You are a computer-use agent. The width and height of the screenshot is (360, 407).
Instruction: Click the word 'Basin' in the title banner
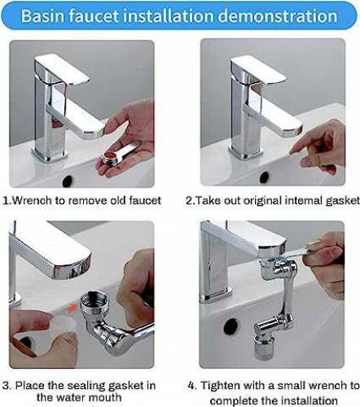42,16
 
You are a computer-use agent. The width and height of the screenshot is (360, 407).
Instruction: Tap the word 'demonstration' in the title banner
278,16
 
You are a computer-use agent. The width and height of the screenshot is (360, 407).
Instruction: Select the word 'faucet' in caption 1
145,201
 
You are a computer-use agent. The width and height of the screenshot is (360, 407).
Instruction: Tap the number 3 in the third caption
6,386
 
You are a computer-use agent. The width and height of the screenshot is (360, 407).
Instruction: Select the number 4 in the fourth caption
191,386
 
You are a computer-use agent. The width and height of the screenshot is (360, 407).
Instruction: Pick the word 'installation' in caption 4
310,400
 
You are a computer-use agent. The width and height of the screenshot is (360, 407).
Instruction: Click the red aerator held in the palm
110,158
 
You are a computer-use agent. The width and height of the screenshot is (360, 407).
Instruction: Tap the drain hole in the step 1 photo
68,181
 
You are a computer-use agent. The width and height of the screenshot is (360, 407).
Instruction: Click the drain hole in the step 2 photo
264,177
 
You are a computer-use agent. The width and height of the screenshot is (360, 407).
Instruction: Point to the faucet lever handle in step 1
62,68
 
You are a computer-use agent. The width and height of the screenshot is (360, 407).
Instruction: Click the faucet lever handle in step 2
258,70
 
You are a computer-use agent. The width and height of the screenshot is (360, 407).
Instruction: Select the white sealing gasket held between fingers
64,325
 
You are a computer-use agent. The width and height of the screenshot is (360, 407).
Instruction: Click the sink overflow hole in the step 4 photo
231,326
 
